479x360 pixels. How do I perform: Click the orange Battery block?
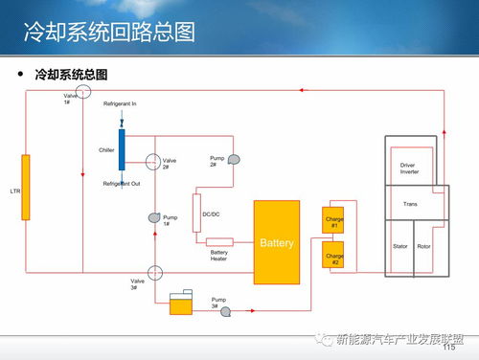coord(277,242)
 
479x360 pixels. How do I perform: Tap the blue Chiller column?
coord(123,150)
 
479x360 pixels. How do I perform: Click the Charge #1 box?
coord(333,221)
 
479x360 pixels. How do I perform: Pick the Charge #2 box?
coord(333,256)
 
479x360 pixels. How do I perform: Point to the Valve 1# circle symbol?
coord(83,91)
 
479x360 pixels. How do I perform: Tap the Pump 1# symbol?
coord(152,219)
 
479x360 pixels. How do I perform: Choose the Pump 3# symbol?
coord(227,310)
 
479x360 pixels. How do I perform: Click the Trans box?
coord(410,204)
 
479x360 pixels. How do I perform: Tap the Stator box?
coord(399,247)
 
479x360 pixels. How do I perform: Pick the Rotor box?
coord(424,247)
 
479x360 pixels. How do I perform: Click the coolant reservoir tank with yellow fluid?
coord(180,304)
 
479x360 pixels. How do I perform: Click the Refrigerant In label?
coord(121,103)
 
